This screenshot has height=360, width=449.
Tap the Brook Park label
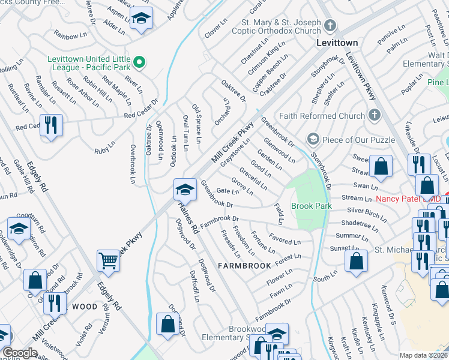click(311, 206)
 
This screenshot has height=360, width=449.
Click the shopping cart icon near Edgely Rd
click(108, 260)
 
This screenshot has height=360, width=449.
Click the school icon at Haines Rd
click(185, 190)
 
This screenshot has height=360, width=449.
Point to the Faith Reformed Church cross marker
click(374, 116)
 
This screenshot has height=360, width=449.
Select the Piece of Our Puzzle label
click(358, 140)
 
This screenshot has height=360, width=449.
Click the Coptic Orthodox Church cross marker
click(329, 26)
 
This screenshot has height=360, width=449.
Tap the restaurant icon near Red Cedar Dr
click(51, 125)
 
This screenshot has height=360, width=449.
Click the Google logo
click(19, 353)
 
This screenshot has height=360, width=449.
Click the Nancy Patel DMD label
click(408, 199)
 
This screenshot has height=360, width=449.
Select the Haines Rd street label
click(188, 217)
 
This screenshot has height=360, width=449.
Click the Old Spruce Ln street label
click(196, 119)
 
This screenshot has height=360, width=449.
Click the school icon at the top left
click(141, 18)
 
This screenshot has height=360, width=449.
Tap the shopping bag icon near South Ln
click(356, 261)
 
